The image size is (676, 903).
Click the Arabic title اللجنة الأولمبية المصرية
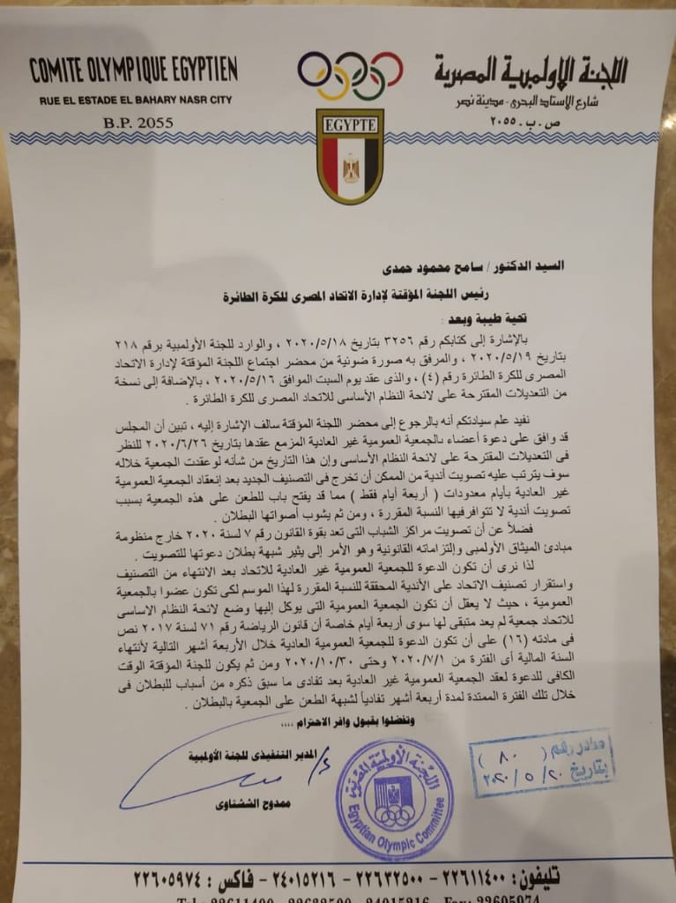(x=530, y=71)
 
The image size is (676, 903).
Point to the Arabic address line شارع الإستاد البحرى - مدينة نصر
(x=530, y=101)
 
